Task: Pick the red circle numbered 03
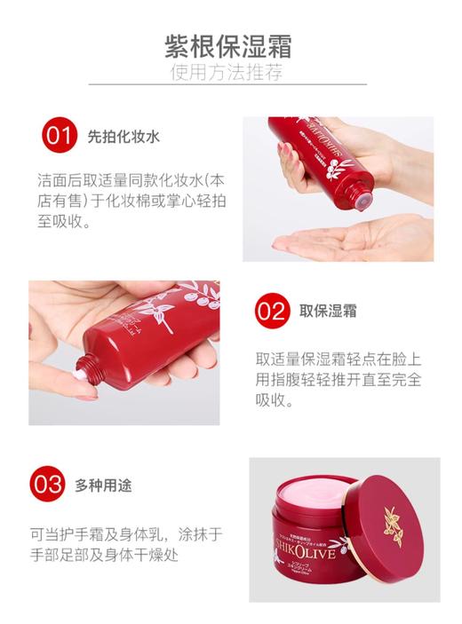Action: tap(46, 485)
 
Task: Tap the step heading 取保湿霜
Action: tap(328, 311)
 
